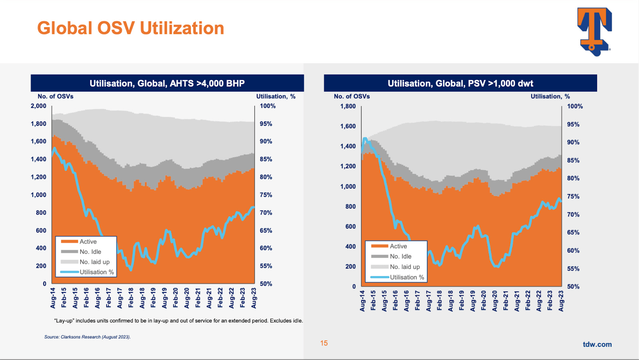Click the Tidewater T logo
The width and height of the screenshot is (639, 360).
pyautogui.click(x=594, y=31)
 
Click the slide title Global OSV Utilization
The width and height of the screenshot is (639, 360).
pyautogui.click(x=131, y=28)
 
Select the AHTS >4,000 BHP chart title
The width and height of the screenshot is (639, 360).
pyautogui.click(x=167, y=83)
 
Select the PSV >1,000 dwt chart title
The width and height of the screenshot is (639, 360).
pyautogui.click(x=460, y=83)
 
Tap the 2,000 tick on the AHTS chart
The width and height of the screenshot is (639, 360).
pyautogui.click(x=38, y=106)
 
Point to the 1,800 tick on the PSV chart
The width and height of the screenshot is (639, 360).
pyautogui.click(x=348, y=106)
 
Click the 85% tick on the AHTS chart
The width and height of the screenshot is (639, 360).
pyautogui.click(x=266, y=159)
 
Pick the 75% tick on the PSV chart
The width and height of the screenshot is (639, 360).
pyautogui.click(x=573, y=196)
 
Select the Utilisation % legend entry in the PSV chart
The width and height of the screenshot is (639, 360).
pyautogui.click(x=407, y=277)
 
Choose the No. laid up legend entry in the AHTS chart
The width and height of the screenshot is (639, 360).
pyautogui.click(x=94, y=262)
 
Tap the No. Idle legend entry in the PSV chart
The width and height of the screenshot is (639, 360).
pyautogui.click(x=401, y=257)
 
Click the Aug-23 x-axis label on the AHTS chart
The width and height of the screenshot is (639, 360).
pyautogui.click(x=254, y=298)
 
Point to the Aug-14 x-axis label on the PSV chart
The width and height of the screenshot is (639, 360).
pyautogui.click(x=362, y=301)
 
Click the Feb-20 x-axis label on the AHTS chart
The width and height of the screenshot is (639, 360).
pyautogui.click(x=176, y=298)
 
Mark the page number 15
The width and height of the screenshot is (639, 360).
pyautogui.click(x=324, y=343)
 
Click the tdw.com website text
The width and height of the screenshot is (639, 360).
pyautogui.click(x=597, y=344)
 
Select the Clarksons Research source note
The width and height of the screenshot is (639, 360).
pyautogui.click(x=87, y=337)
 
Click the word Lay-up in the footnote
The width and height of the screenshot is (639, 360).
pyautogui.click(x=64, y=320)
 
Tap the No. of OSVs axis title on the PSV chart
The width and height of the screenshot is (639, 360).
pyautogui.click(x=352, y=96)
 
